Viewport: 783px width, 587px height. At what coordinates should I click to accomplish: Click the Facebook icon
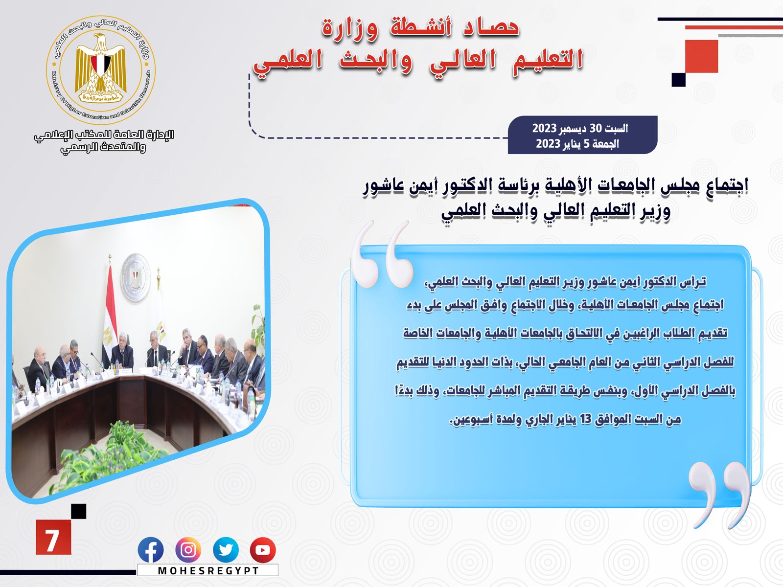151,550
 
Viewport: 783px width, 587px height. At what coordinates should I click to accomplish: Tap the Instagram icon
188,550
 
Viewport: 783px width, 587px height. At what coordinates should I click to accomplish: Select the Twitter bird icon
226,550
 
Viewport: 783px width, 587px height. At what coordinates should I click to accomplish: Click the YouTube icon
263,550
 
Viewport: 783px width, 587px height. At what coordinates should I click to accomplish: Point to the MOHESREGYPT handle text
208,570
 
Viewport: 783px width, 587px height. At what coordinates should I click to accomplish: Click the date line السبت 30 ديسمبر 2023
580,128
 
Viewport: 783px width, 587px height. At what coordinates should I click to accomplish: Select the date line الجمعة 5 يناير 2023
577,144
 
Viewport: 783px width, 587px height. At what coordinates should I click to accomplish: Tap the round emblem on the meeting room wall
135,277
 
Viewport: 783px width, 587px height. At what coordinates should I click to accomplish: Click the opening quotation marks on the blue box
382,254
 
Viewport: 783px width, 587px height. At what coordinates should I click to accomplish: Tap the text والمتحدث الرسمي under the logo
103,148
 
